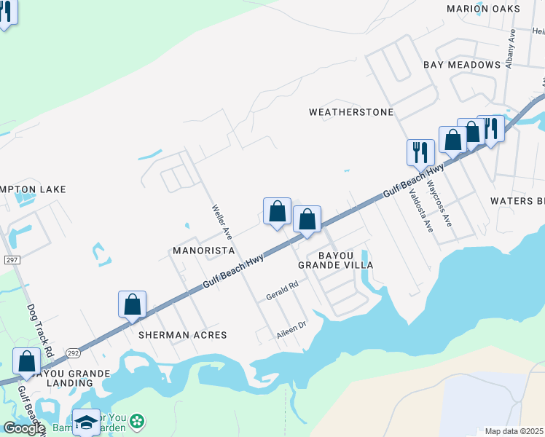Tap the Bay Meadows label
[x=462, y=65]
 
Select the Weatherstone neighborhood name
[x=351, y=112]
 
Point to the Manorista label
[x=203, y=251]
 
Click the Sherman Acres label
[x=182, y=335]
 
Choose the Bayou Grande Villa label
[x=345, y=260]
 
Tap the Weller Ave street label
[x=221, y=222]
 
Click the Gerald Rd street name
[x=283, y=291]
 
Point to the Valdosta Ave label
[x=421, y=210]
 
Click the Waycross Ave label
[x=440, y=203]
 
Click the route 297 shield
[x=11, y=260]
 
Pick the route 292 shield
[x=73, y=352]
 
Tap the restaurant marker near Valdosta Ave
[x=420, y=152]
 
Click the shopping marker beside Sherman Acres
[x=132, y=304]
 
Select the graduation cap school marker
[x=86, y=422]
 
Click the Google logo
[x=23, y=428]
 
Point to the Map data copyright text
[x=514, y=431]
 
